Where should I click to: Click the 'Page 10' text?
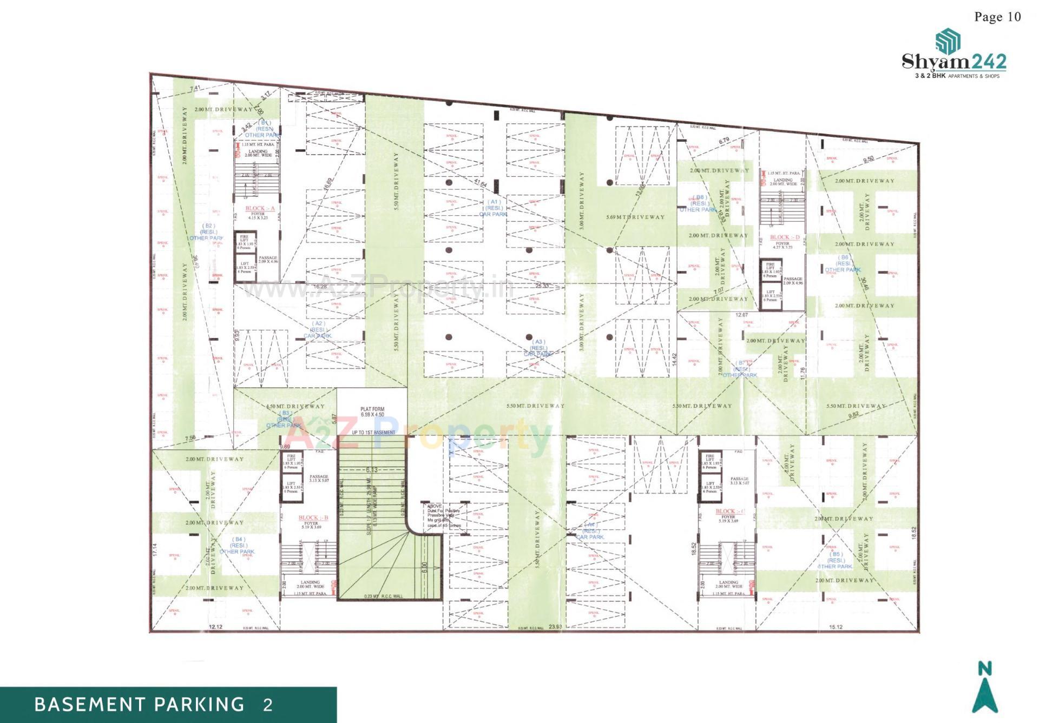(997, 17)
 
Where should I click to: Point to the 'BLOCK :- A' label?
(260, 208)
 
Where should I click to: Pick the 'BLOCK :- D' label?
(784, 237)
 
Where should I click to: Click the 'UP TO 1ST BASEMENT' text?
(373, 433)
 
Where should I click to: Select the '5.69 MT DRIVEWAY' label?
(635, 217)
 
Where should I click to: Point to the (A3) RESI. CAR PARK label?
(538, 348)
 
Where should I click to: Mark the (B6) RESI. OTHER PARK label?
(843, 263)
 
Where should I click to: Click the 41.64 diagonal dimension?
(481, 184)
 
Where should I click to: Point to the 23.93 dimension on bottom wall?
(555, 627)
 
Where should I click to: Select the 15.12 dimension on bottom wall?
(836, 627)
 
